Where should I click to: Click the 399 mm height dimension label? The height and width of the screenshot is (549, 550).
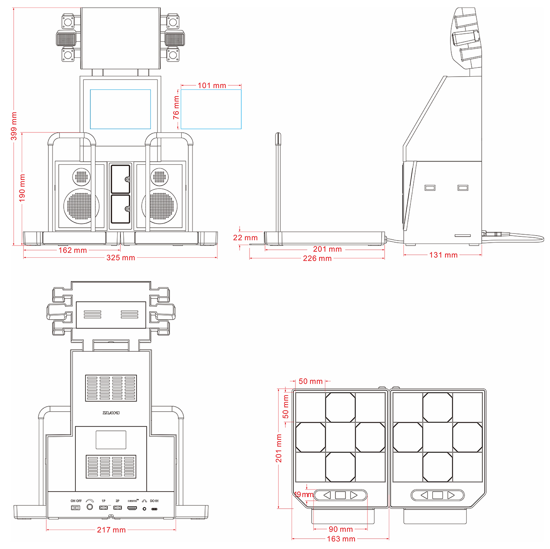click(14, 126)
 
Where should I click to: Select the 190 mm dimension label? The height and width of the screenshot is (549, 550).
click(22, 188)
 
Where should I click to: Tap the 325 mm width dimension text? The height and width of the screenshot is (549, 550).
click(120, 258)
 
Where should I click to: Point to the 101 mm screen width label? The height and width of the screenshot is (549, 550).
click(212, 85)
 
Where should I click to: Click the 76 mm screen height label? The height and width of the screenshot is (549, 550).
click(176, 108)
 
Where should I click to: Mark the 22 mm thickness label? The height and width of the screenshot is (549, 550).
click(245, 238)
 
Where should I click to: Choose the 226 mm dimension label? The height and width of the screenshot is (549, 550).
click(317, 258)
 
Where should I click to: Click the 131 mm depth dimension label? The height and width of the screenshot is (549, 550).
click(443, 255)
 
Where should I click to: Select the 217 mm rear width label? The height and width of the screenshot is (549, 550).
click(111, 530)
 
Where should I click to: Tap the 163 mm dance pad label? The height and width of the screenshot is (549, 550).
click(341, 539)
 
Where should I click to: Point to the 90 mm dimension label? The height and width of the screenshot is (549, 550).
click(341, 529)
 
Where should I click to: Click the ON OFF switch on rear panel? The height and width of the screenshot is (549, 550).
click(76, 508)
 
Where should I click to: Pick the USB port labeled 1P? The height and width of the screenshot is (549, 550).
click(104, 508)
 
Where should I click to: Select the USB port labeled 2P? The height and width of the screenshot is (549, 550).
click(117, 508)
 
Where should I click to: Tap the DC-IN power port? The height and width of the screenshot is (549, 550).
click(154, 509)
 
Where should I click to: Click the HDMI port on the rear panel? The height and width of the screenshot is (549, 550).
click(132, 508)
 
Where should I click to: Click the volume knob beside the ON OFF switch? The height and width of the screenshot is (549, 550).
click(90, 507)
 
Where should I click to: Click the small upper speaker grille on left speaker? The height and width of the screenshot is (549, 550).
click(82, 177)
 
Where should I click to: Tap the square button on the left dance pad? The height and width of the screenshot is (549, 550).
click(340, 495)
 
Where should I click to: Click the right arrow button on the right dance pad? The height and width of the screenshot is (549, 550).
click(451, 495)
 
